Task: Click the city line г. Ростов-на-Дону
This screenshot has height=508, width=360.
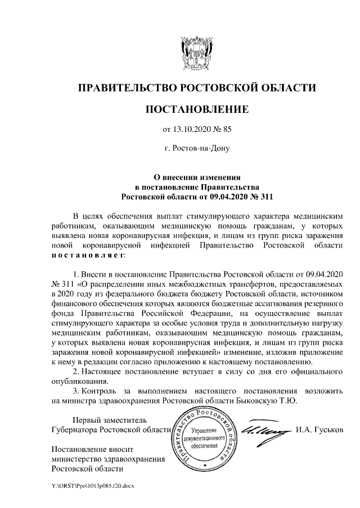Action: click(196, 149)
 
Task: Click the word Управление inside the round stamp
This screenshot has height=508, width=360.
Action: click(208, 429)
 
